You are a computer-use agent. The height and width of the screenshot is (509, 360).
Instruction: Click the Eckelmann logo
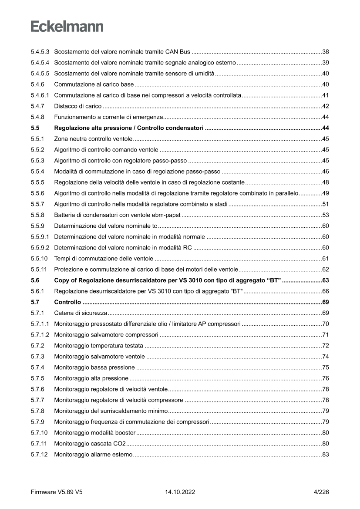67,27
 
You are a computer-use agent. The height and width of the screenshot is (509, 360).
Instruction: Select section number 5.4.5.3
40,52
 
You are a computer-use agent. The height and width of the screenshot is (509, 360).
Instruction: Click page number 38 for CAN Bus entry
325,52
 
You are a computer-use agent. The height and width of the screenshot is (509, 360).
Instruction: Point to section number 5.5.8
38,215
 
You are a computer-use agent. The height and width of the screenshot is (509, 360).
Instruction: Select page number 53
325,215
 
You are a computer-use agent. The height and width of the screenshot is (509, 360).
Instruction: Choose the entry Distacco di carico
78,106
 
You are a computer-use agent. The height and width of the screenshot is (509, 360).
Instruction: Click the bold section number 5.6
35,280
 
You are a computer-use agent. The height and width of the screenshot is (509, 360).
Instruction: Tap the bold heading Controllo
67,302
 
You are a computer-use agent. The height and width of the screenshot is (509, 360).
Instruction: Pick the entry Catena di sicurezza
81,313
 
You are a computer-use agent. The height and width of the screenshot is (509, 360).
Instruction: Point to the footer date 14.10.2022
180,492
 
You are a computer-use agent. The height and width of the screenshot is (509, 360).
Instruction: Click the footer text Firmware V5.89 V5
57,492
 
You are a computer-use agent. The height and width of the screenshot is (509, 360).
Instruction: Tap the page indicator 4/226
321,492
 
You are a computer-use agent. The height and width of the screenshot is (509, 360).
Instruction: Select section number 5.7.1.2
40,334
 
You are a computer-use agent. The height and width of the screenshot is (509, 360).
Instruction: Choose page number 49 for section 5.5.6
325,193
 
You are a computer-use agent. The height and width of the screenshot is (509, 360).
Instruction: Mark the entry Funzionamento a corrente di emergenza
108,117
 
